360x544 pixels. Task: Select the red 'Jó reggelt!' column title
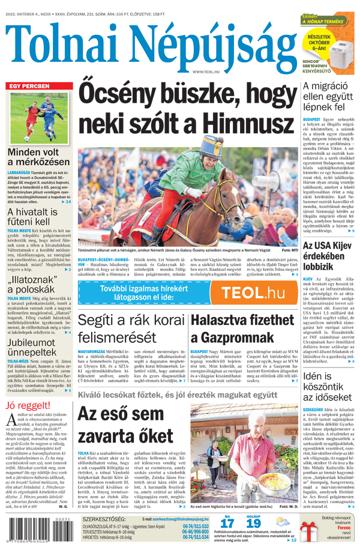coord(28,404)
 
